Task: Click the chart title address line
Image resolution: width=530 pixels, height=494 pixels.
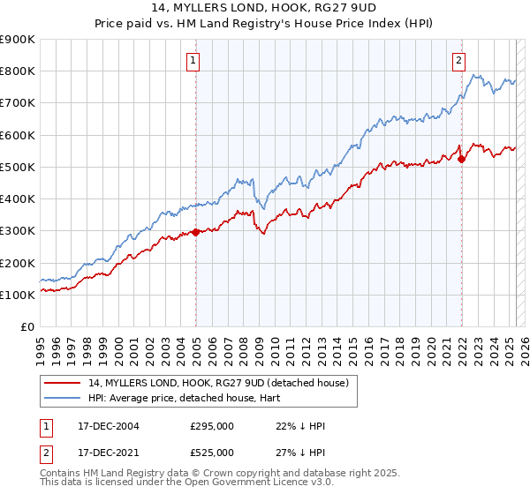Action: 264,11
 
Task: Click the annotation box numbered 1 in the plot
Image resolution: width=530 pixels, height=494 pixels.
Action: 193,61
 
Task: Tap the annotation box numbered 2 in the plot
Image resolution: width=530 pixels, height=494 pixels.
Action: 459,61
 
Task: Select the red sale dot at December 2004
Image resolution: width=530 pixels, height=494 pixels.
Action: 195,232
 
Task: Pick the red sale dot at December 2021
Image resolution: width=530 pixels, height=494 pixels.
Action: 461,159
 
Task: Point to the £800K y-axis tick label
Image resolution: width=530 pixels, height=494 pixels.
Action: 18,71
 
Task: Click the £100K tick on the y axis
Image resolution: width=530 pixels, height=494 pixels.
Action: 18,295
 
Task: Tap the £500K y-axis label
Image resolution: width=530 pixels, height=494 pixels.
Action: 18,167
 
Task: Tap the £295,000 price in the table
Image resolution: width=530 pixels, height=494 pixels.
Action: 212,426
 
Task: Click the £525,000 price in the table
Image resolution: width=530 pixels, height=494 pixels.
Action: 212,453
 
